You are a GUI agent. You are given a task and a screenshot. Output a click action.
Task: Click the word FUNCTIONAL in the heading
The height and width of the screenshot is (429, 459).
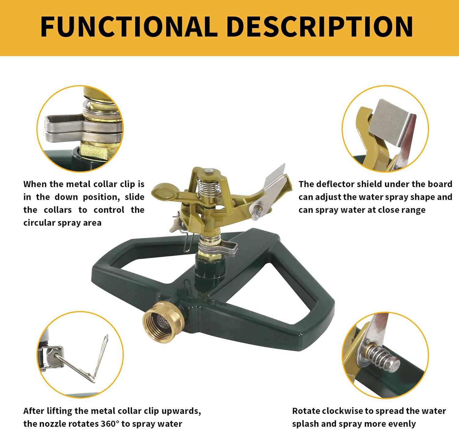pyautogui.click(x=129, y=27)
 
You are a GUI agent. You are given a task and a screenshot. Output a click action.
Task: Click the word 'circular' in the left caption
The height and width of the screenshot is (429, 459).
pyautogui.click(x=39, y=223)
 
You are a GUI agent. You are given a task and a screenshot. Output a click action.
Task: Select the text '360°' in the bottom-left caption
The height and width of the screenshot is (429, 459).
pyautogui.click(x=110, y=424)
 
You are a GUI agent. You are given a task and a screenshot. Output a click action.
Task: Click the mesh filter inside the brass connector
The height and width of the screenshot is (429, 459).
pyautogui.click(x=164, y=322)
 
